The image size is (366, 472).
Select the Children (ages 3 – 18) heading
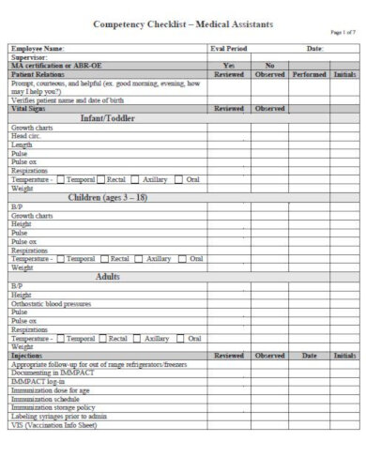(110, 198)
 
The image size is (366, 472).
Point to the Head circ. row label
(29, 137)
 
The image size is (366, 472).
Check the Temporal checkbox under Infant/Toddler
(62, 178)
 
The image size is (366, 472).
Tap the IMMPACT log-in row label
(33, 381)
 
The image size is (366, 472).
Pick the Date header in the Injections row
(309, 356)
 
